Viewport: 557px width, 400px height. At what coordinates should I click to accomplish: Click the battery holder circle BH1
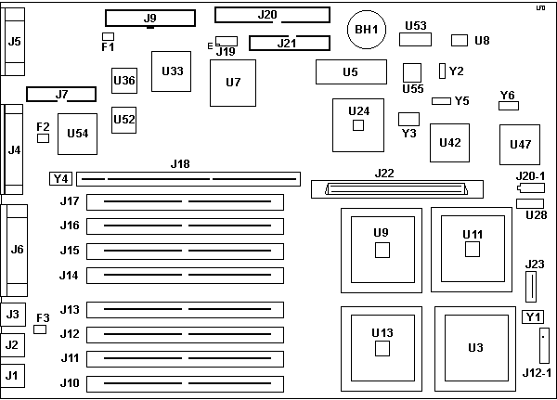click(x=366, y=30)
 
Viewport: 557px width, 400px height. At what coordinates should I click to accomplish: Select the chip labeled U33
click(x=172, y=71)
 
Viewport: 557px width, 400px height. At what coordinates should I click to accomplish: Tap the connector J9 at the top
click(x=150, y=18)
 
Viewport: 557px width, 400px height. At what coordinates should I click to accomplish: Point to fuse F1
click(x=108, y=36)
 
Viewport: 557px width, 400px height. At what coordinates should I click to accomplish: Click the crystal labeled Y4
click(x=60, y=177)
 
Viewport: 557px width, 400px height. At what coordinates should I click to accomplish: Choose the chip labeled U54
click(x=78, y=134)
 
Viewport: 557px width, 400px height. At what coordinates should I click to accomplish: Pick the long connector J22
click(x=394, y=188)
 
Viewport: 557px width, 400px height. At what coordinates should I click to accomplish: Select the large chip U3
click(x=476, y=347)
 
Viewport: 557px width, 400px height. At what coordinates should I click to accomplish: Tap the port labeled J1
click(x=12, y=376)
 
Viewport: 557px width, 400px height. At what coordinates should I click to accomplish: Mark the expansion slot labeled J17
click(x=186, y=201)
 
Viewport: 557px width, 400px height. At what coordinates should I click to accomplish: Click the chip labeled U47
click(x=521, y=144)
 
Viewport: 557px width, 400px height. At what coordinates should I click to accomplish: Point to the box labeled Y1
click(x=532, y=317)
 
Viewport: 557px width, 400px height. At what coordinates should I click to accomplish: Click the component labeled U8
click(x=460, y=40)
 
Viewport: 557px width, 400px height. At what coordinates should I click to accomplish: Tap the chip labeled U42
click(x=449, y=142)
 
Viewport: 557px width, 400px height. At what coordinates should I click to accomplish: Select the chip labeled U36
click(x=124, y=81)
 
